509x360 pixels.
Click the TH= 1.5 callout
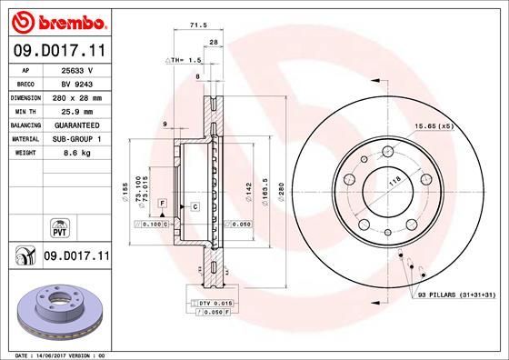point(182,59)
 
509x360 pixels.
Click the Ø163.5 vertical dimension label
point(264,194)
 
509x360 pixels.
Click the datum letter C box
point(195,208)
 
